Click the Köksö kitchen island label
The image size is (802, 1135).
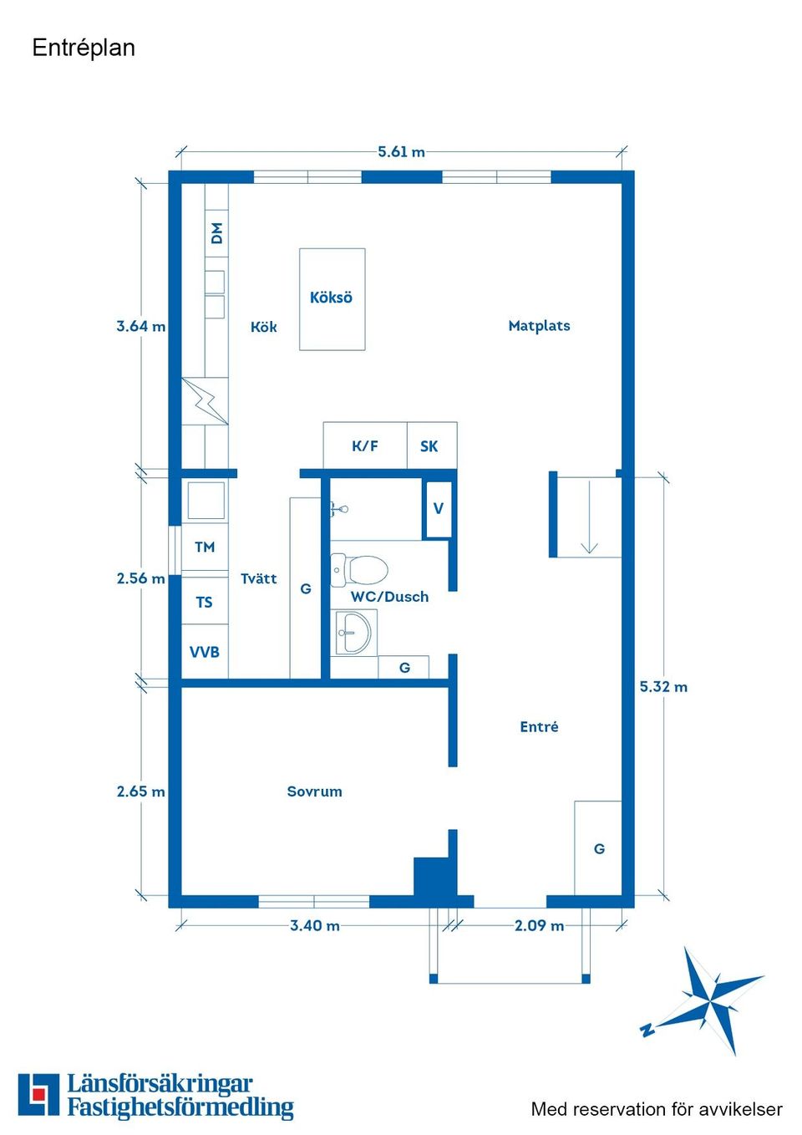(331, 298)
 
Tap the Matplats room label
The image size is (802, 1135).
(539, 326)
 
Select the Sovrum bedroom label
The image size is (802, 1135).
(314, 791)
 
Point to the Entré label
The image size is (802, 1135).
(539, 727)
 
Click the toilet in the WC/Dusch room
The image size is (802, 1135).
(360, 570)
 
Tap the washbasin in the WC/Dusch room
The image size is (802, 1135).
(354, 633)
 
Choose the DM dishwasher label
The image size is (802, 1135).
(217, 233)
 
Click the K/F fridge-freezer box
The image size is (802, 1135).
(365, 446)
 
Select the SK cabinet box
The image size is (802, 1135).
(429, 446)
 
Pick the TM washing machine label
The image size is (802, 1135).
(205, 547)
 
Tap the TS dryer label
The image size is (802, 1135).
(205, 603)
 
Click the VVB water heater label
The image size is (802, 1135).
(205, 652)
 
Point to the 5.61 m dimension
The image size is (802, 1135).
(401, 152)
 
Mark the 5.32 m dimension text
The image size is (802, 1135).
(663, 687)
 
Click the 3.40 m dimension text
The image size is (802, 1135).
(315, 926)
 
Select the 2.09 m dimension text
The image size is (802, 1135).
(539, 926)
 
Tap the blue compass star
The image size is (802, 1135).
(710, 998)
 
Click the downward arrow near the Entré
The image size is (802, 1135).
(589, 518)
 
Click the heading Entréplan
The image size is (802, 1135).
(84, 48)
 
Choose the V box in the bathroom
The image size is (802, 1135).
(438, 508)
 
